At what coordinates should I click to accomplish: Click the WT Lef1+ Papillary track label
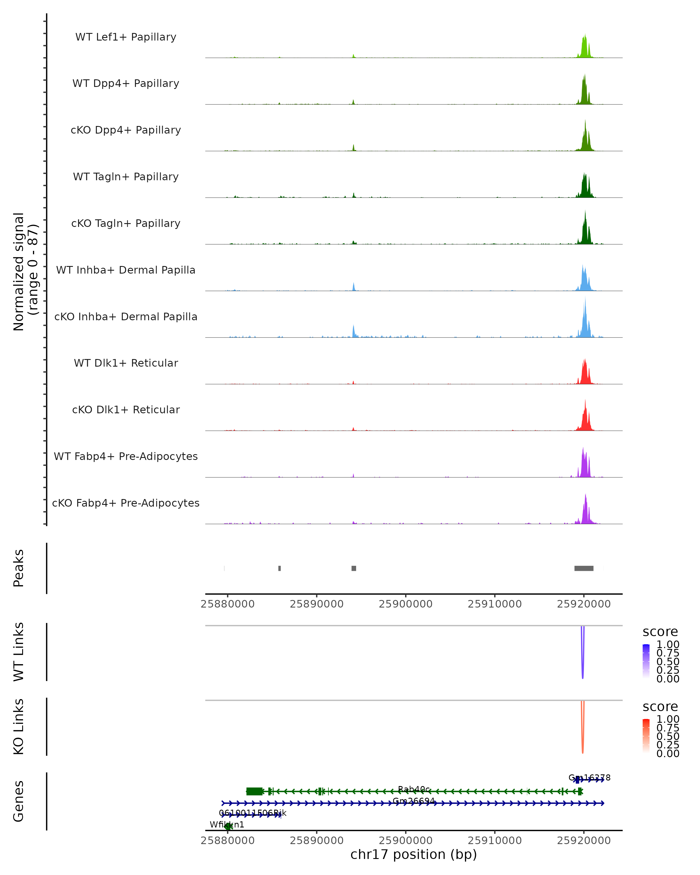126,37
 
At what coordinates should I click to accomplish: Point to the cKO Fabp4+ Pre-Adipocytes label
126,503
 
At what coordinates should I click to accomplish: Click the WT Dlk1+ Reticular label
126,363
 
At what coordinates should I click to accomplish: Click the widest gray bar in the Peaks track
584,568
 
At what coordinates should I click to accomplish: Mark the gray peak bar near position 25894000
354,568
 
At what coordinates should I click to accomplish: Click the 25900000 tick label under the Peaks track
405,604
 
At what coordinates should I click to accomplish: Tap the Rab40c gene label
414,789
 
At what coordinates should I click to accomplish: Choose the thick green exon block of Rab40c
254,791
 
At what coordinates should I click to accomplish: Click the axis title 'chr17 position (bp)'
414,855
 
